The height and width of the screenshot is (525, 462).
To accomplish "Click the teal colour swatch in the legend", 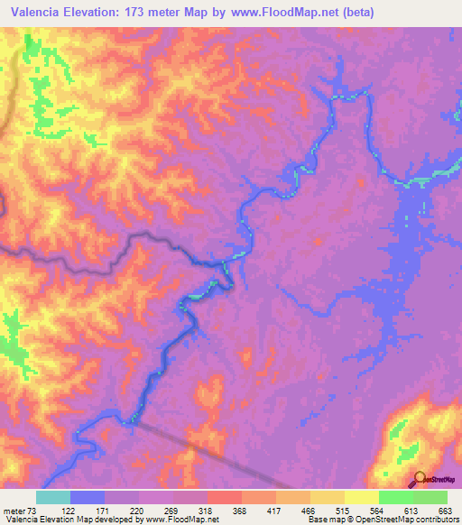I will (53, 497).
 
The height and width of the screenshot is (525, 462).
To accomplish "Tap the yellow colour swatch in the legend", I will (362, 497).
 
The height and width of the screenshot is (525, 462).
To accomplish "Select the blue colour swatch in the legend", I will (88, 497).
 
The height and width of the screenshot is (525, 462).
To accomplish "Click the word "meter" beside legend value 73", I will (14, 510).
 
